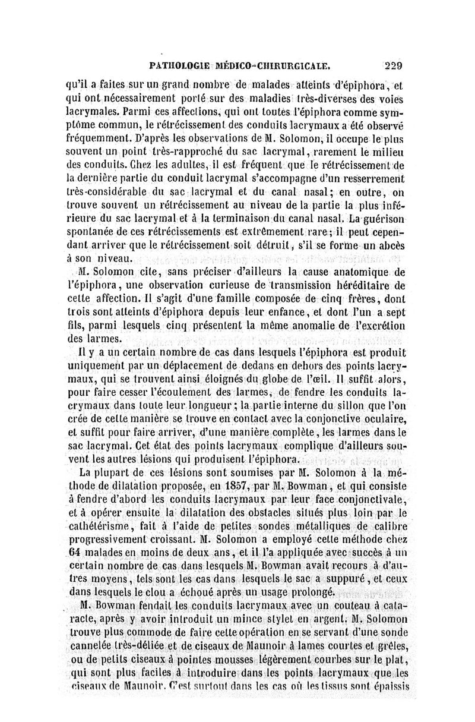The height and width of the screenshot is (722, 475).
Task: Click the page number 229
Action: click(x=394, y=66)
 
